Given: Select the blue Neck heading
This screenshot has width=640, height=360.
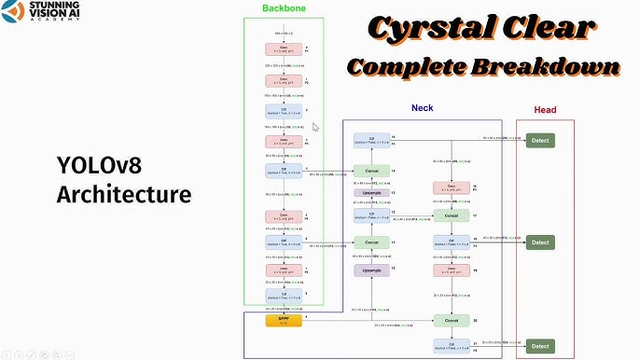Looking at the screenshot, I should click(422, 108).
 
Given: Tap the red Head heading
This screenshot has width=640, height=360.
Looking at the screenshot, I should click(545, 110).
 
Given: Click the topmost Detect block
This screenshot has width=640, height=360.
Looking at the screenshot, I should click(540, 140).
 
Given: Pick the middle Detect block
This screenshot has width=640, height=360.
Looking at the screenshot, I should click(540, 242).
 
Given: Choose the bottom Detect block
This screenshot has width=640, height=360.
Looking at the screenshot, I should click(540, 346).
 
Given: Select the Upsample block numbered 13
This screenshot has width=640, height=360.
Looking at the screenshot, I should click(370, 193).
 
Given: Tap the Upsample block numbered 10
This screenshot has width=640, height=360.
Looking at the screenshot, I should click(370, 270).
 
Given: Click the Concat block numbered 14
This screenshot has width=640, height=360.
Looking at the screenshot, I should click(370, 172).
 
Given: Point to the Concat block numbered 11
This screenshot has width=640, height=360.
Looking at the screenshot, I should click(370, 242).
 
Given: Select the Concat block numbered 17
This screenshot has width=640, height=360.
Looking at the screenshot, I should click(452, 215).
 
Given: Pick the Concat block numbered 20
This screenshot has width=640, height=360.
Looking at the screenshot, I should click(452, 320).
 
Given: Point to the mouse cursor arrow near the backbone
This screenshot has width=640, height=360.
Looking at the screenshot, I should click(315, 128).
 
